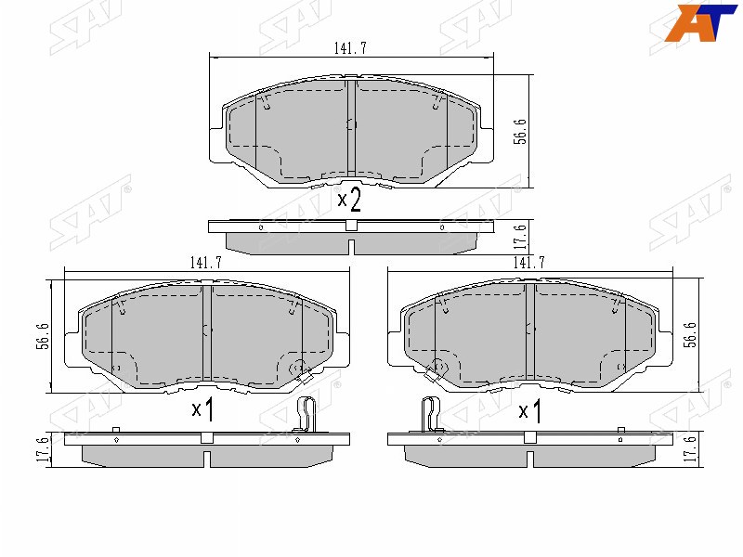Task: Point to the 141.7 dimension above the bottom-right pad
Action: pos(528,263)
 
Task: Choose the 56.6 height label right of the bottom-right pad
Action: pos(689,335)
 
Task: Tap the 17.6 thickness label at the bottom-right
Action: pos(689,449)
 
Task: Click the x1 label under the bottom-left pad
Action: pos(202,408)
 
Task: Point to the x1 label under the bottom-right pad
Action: pos(529,408)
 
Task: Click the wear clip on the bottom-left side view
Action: pos(308,414)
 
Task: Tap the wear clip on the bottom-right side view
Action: pos(429,414)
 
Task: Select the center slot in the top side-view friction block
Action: pos(351,248)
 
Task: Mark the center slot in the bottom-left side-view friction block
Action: pos(206,458)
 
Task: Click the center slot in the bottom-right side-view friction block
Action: pos(529,458)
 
